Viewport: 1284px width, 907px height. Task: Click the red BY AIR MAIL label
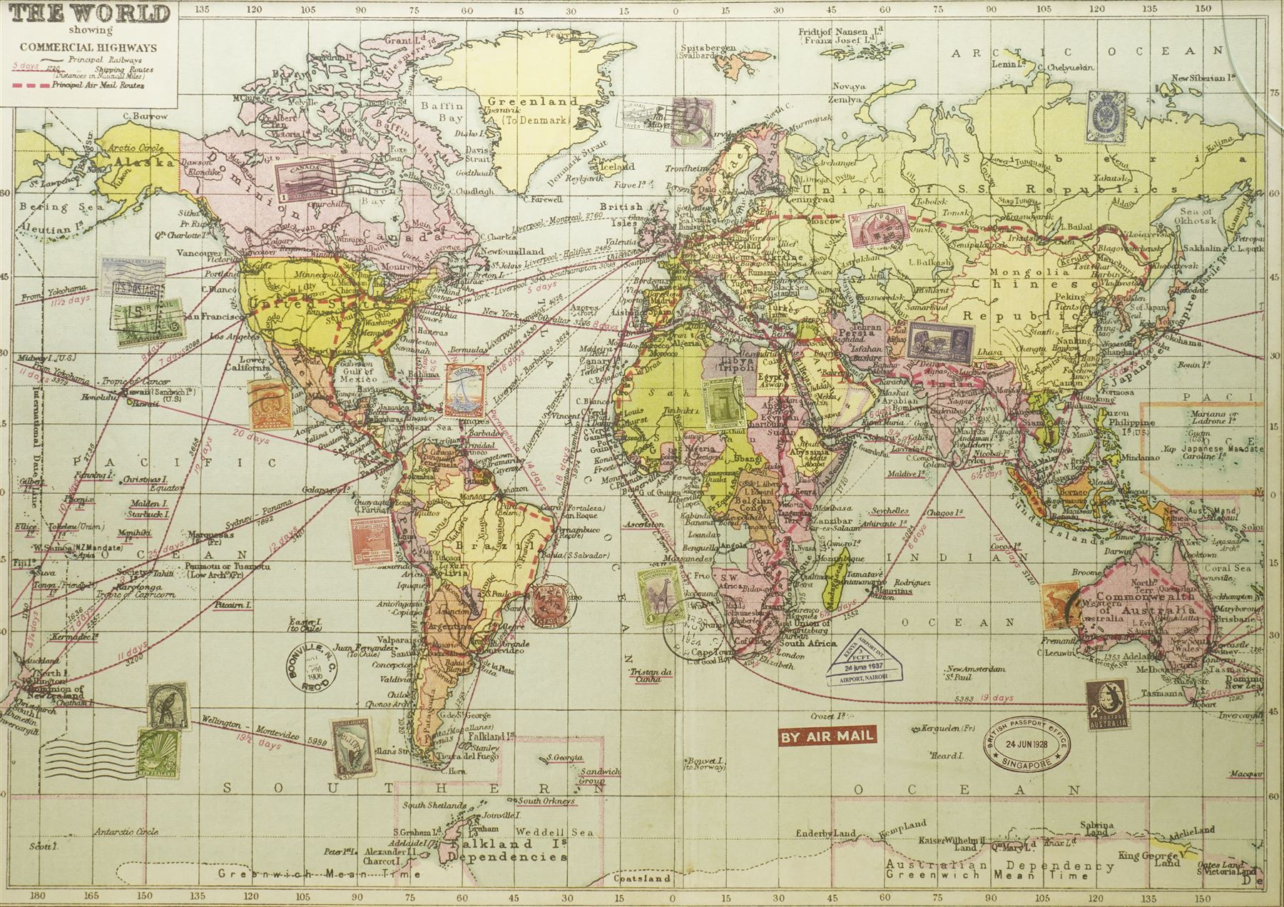tap(826, 735)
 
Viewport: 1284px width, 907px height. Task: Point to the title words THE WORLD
tap(86, 14)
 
